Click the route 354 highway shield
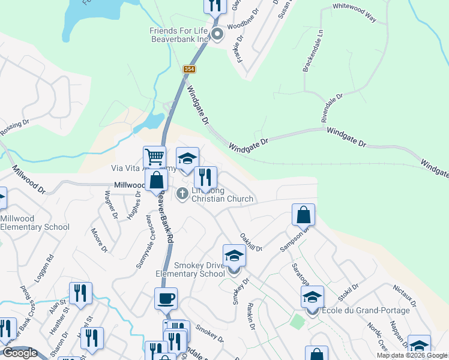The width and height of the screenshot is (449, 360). click(x=190, y=70)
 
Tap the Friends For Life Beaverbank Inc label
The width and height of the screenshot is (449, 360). click(x=179, y=35)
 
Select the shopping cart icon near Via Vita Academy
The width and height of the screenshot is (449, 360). click(x=154, y=158)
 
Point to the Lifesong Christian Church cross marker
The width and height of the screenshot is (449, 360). click(x=182, y=193)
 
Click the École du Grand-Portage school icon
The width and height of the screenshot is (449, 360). click(x=312, y=298)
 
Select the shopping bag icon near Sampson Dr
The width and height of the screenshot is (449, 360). click(x=304, y=215)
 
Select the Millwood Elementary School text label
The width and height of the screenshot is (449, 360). click(x=34, y=223)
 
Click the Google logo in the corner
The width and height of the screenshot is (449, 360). click(x=20, y=353)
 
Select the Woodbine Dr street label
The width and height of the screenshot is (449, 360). click(x=245, y=26)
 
